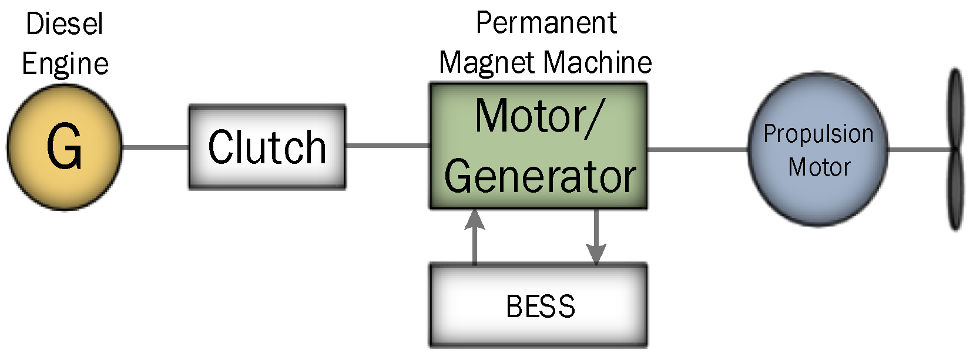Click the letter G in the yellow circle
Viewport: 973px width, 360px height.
[x=64, y=147]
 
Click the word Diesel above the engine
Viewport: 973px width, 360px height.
[x=65, y=25]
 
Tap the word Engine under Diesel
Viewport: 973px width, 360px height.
[x=65, y=63]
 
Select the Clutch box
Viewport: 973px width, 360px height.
[x=267, y=147]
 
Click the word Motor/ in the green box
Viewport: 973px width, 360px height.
[x=537, y=116]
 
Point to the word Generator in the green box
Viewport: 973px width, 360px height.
[x=539, y=176]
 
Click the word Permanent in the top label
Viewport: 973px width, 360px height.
[x=546, y=23]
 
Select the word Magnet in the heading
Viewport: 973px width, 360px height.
[x=488, y=62]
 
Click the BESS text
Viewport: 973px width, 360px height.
[x=540, y=306]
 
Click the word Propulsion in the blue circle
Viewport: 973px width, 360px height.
[x=818, y=134]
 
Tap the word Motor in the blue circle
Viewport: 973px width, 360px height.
[x=819, y=167]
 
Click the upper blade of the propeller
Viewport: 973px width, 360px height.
[x=956, y=109]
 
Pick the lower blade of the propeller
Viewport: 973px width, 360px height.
[x=956, y=191]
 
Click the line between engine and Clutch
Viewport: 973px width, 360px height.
[x=155, y=147]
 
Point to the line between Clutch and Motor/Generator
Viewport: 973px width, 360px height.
[x=388, y=145]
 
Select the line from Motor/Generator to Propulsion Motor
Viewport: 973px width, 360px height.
[x=697, y=149]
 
